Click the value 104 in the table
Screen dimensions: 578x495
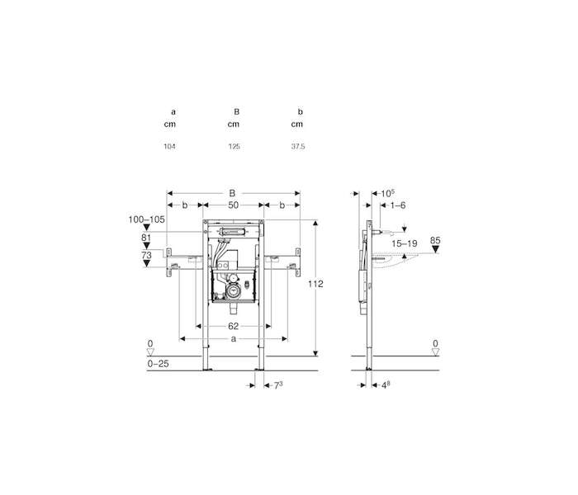coord(169,147)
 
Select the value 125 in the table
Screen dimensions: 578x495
coord(234,147)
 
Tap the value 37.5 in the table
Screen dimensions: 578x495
coord(298,147)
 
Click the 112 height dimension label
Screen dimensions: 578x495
coord(316,284)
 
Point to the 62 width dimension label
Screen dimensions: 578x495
coord(233,326)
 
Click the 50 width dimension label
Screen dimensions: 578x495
coord(233,205)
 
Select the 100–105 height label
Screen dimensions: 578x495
coord(146,219)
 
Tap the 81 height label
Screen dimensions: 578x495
coord(146,238)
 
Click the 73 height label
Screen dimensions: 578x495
coord(146,255)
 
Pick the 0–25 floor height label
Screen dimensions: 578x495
coord(159,364)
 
